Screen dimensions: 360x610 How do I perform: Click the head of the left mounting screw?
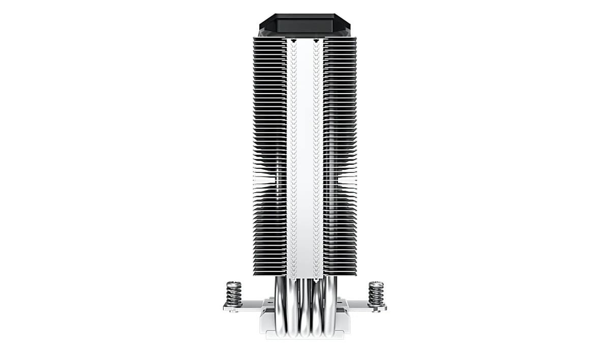pyautogui.click(x=233, y=283)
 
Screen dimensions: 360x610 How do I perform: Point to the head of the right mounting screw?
pyautogui.click(x=376, y=283)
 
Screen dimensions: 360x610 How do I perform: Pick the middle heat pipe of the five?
pyautogui.click(x=305, y=310)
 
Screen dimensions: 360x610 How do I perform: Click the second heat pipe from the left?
pyautogui.click(x=292, y=310)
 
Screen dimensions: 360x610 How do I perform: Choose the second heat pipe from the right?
pyautogui.click(x=318, y=310)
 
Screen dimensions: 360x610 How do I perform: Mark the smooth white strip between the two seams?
pyautogui.click(x=305, y=153)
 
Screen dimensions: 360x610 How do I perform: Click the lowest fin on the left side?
pyautogui.click(x=269, y=274)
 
